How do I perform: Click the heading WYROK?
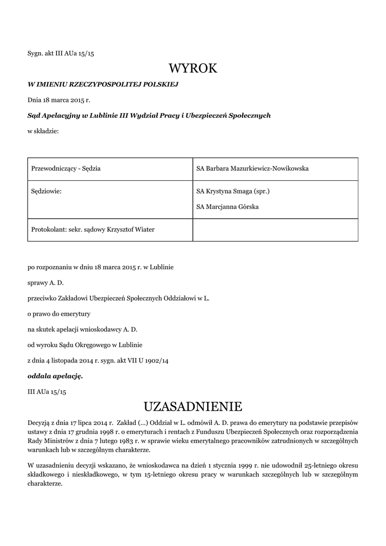click(x=193, y=69)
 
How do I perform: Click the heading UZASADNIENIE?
click(x=193, y=407)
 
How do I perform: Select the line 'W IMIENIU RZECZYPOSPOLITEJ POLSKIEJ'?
click(x=103, y=84)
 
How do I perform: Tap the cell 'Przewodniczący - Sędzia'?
click(x=66, y=168)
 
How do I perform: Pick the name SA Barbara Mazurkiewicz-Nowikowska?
click(x=252, y=168)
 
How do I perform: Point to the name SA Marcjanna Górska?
click(x=227, y=206)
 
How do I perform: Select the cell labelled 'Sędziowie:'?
click(x=47, y=191)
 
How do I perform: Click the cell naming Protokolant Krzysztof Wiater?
click(x=93, y=230)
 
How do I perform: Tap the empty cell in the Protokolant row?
click(x=275, y=230)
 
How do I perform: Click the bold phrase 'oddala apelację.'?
click(x=55, y=376)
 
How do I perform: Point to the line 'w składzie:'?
click(x=43, y=131)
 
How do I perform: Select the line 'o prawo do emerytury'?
click(x=59, y=314)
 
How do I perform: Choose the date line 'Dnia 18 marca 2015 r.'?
click(x=59, y=100)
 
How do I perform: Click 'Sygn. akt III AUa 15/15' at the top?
click(x=60, y=54)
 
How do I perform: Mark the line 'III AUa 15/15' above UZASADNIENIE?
click(x=46, y=391)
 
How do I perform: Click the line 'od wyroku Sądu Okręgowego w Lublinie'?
click(x=85, y=345)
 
